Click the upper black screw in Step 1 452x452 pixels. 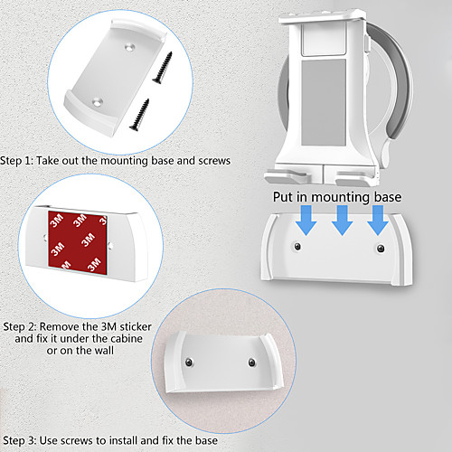click(x=163, y=67)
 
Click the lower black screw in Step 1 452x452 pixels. click(x=139, y=115)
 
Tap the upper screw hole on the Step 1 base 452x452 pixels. click(x=130, y=47)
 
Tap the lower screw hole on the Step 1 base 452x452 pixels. click(x=98, y=102)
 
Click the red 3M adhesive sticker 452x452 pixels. click(x=78, y=242)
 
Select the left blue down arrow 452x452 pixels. click(x=306, y=221)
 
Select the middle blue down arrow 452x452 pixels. click(x=342, y=221)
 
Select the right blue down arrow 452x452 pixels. click(x=378, y=221)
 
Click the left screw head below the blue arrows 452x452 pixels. click(x=297, y=247)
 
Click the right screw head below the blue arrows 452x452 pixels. click(x=381, y=249)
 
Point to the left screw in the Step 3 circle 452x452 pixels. click(x=189, y=362)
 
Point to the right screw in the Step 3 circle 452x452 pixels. click(x=252, y=363)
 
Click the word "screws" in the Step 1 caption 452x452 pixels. click(x=214, y=161)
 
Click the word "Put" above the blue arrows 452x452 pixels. click(x=283, y=197)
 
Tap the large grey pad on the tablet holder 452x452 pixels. click(x=324, y=102)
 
